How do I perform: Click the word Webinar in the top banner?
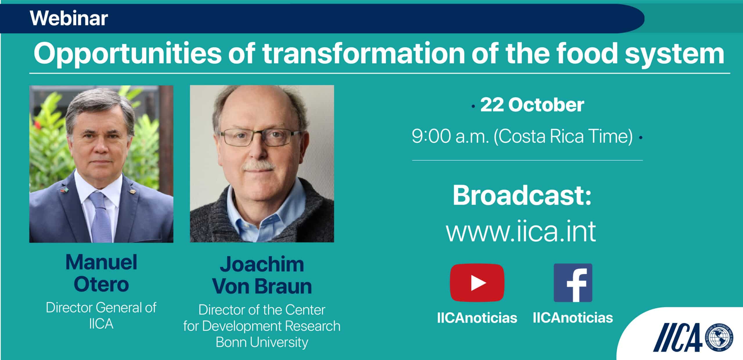coord(69,18)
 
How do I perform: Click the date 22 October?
coord(532,105)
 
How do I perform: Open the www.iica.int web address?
coord(521,231)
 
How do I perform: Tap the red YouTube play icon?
coord(477,283)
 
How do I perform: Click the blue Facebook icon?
coord(573,283)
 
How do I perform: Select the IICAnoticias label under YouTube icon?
coord(477,318)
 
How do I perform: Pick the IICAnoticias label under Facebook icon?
coord(573,318)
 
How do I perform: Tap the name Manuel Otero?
coord(101,273)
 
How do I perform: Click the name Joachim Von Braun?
coord(262,275)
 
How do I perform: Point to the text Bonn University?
coord(262,342)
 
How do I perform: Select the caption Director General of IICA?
coord(101,316)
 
